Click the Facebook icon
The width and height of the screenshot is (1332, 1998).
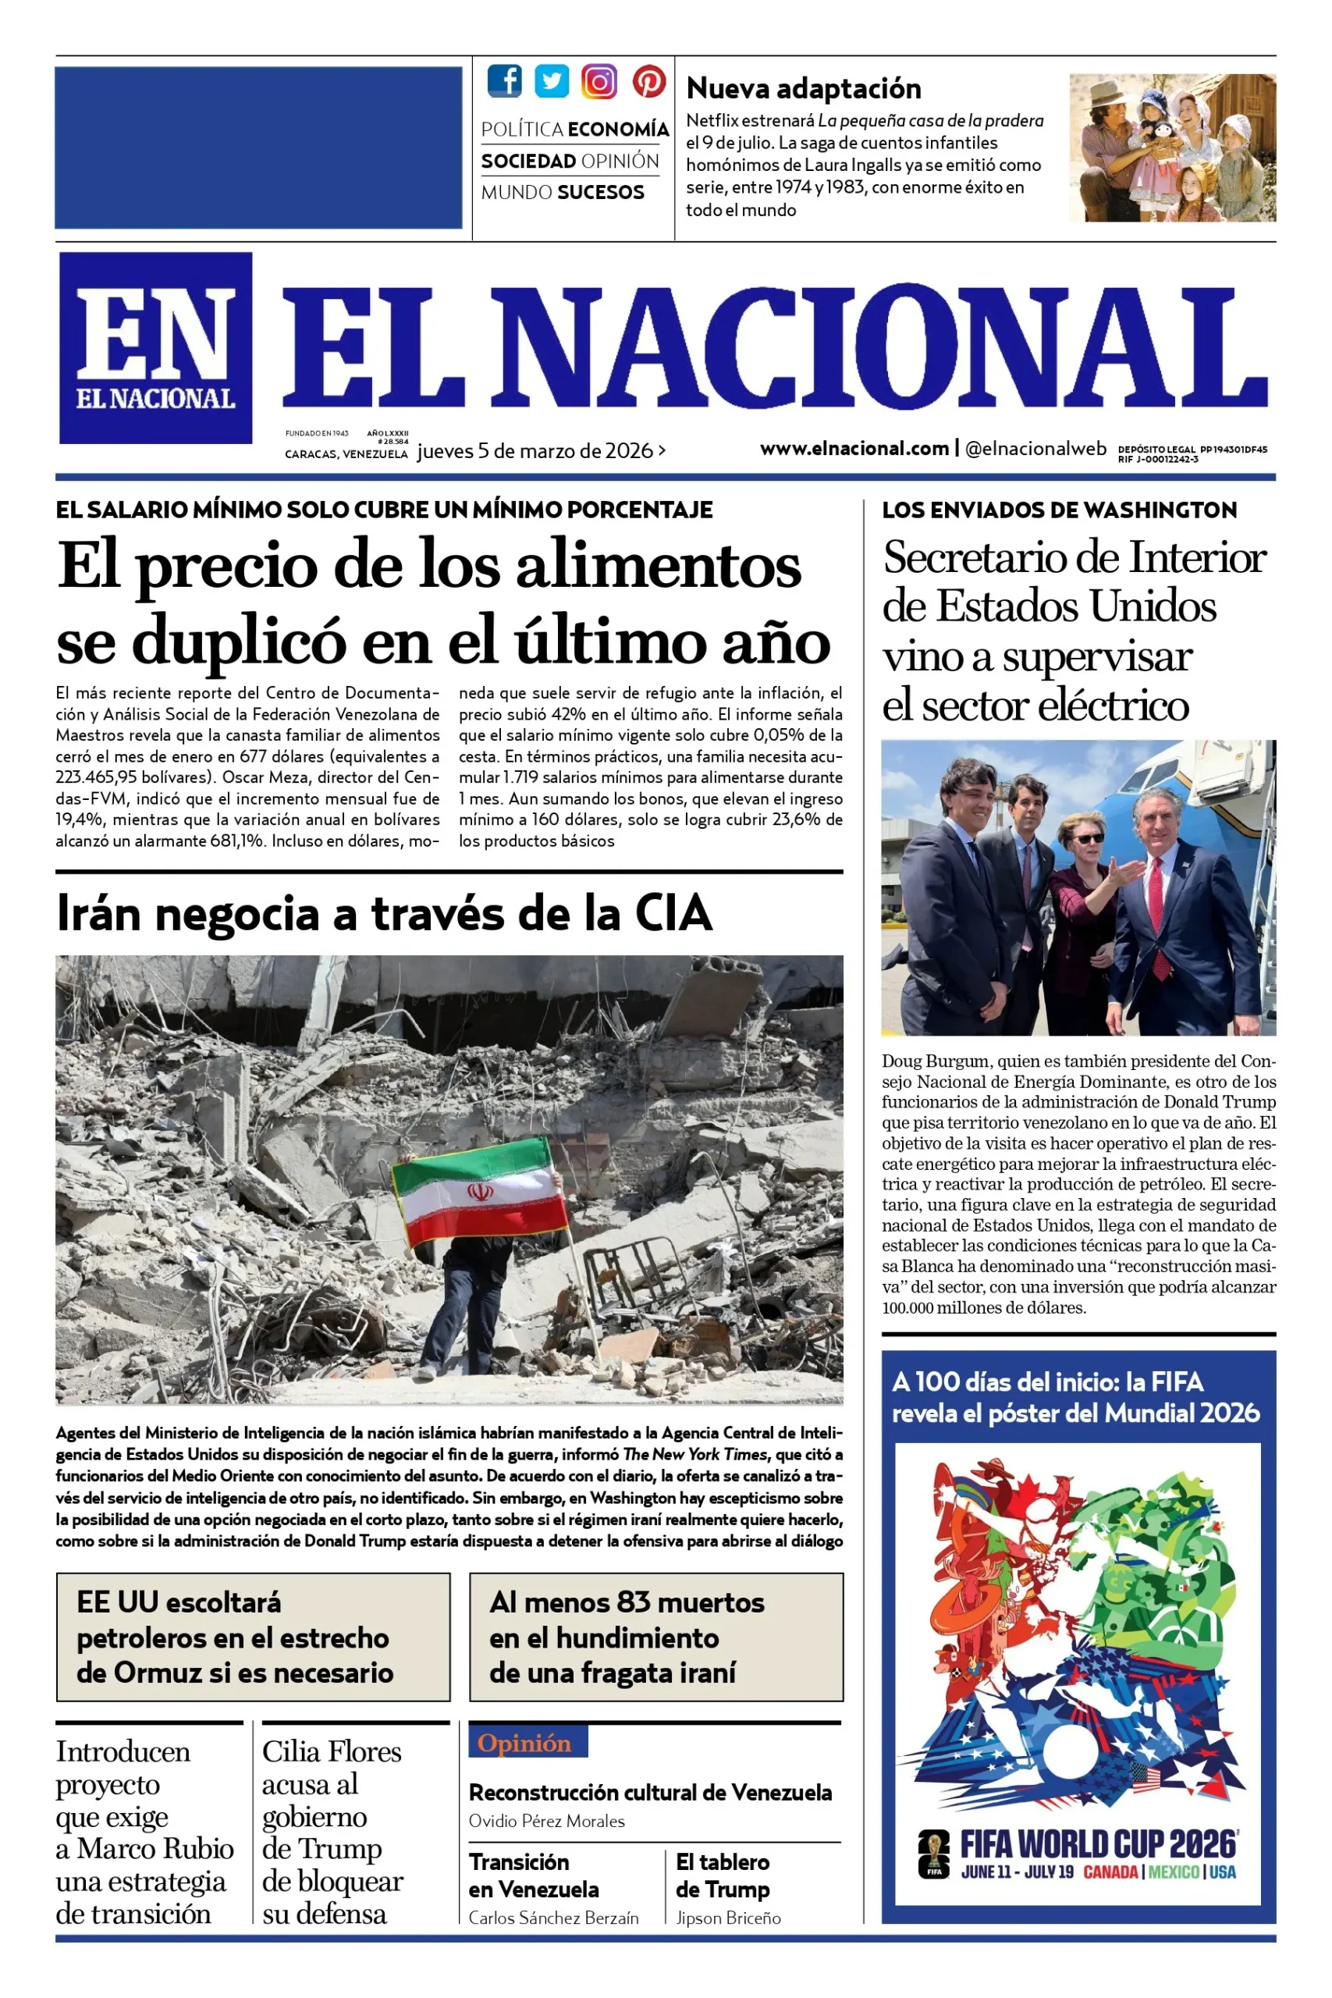tap(505, 80)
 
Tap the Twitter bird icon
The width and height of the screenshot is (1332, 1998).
tap(552, 80)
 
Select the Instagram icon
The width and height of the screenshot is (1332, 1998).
tap(599, 80)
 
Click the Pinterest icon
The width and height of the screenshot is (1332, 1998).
tap(648, 80)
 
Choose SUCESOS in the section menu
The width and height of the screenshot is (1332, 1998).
tap(601, 193)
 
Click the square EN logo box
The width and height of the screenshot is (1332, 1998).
tap(155, 347)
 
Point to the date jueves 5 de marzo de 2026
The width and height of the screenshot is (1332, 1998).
tap(535, 451)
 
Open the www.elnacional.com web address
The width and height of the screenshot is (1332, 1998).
tap(854, 449)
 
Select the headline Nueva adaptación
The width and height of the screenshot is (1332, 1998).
tap(803, 88)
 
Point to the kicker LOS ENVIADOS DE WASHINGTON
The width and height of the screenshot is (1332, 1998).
tap(1058, 510)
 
